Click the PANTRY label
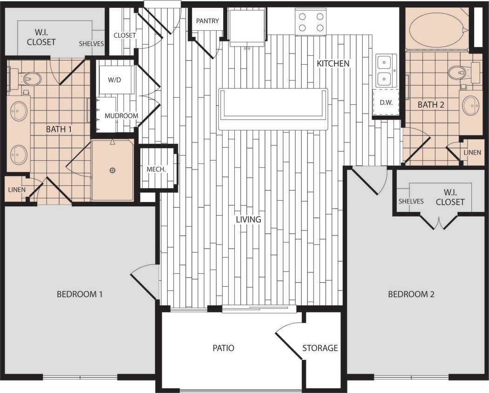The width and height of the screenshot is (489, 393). pyautogui.click(x=207, y=21)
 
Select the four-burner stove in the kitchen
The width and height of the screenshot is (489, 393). pyautogui.click(x=310, y=22)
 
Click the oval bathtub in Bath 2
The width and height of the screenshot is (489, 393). pyautogui.click(x=437, y=30)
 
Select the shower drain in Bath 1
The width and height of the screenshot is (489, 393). pyautogui.click(x=112, y=170)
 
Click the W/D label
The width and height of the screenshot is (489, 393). pyautogui.click(x=114, y=80)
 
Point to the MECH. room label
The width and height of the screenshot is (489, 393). pyautogui.click(x=156, y=169)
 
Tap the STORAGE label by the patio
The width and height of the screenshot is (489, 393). pyautogui.click(x=320, y=348)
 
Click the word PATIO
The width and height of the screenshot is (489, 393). pyautogui.click(x=223, y=348)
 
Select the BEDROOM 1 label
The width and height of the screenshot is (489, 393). pyautogui.click(x=79, y=294)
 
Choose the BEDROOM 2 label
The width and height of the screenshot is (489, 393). pyautogui.click(x=411, y=294)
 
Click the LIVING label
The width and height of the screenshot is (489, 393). pyautogui.click(x=248, y=219)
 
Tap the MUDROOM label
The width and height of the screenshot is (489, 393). pyautogui.click(x=121, y=116)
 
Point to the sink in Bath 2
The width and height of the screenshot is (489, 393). pyautogui.click(x=470, y=105)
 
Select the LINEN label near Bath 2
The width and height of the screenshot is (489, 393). pyautogui.click(x=472, y=153)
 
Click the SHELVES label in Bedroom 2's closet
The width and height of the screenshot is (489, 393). pyautogui.click(x=411, y=201)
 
